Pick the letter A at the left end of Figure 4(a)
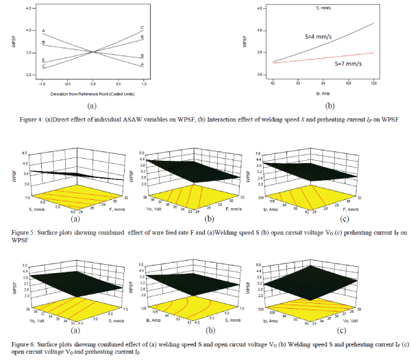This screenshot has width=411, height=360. click(43, 31)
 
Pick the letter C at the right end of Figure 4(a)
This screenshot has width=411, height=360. click(142, 27)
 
